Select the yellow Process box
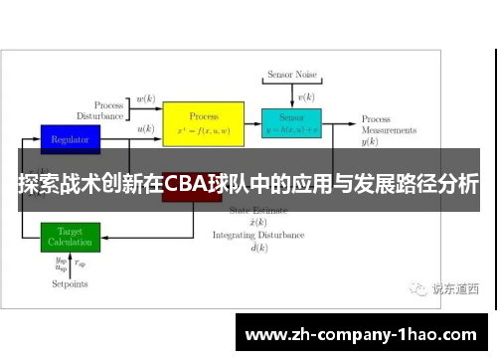pos(203,122)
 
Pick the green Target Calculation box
pos(70,237)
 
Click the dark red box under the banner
pos(191,195)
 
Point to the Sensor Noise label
pos(290,76)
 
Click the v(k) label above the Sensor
pos(307,98)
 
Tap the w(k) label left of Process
pos(145,99)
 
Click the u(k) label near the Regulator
pos(145,128)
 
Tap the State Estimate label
pos(255,211)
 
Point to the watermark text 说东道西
pos(454,289)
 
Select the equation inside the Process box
pos(203,130)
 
